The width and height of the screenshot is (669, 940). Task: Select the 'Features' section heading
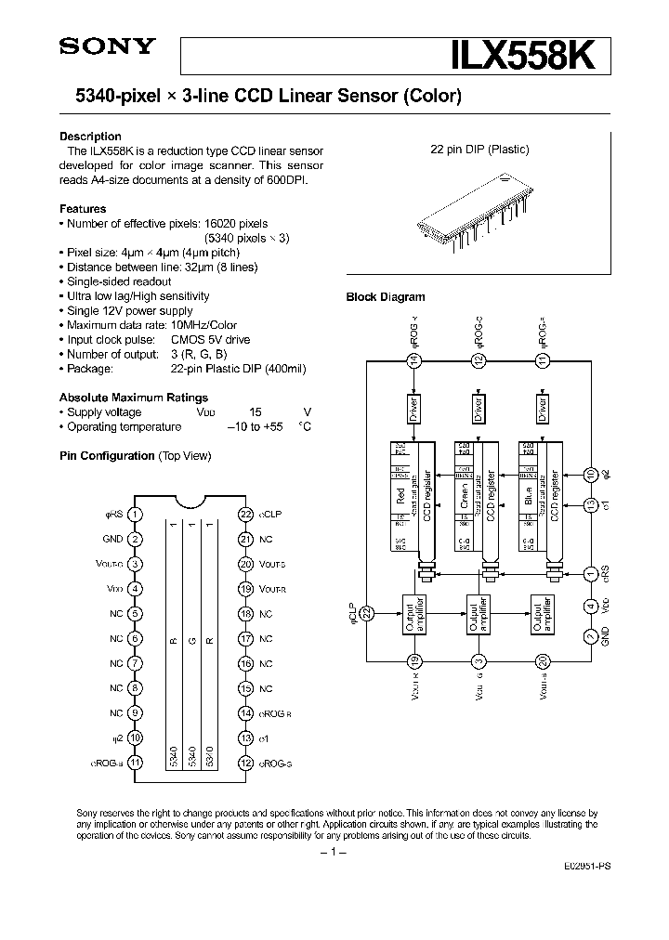point(83,209)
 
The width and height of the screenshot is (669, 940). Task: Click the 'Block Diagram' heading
point(386,297)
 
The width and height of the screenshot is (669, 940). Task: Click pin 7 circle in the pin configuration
point(136,663)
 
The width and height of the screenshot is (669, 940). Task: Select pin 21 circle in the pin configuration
point(246,539)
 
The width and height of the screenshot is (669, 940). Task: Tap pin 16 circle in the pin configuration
point(246,663)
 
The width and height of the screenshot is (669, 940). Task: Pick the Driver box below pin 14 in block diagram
point(413,410)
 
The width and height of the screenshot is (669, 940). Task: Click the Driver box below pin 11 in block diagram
point(544,410)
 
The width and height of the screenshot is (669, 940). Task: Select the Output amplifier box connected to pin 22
point(413,614)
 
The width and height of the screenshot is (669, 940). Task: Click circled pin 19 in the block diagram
point(414,660)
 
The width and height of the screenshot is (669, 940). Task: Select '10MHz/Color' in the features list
point(203,325)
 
